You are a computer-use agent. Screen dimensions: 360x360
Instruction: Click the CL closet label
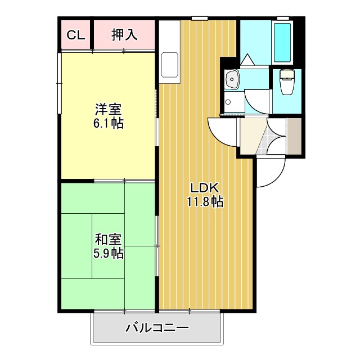[x=75, y=35]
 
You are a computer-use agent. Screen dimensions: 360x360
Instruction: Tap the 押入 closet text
[x=124, y=35]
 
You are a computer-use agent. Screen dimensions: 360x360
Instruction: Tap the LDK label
[x=204, y=188]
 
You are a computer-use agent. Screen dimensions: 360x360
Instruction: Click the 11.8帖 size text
[x=205, y=202]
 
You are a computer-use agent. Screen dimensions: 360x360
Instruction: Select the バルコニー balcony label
[x=157, y=327]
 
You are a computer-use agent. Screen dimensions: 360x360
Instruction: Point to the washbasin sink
[x=231, y=80]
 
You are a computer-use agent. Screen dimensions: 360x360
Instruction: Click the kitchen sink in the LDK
[x=168, y=65]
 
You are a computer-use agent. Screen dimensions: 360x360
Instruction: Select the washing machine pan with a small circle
[x=228, y=102]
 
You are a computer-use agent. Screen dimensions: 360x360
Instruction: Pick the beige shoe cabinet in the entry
[x=294, y=136]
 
